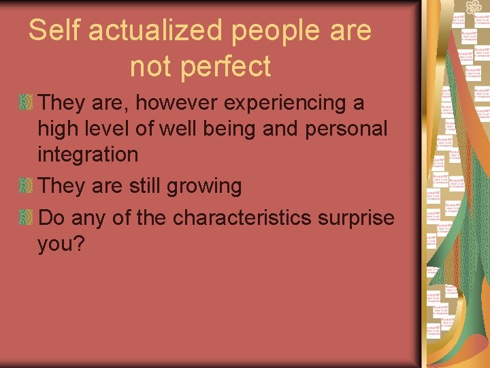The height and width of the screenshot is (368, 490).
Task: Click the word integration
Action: pyautogui.click(x=88, y=155)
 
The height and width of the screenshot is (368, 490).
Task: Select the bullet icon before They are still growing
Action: pyautogui.click(x=26, y=186)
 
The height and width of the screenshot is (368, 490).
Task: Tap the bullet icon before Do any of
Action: pyautogui.click(x=26, y=218)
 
